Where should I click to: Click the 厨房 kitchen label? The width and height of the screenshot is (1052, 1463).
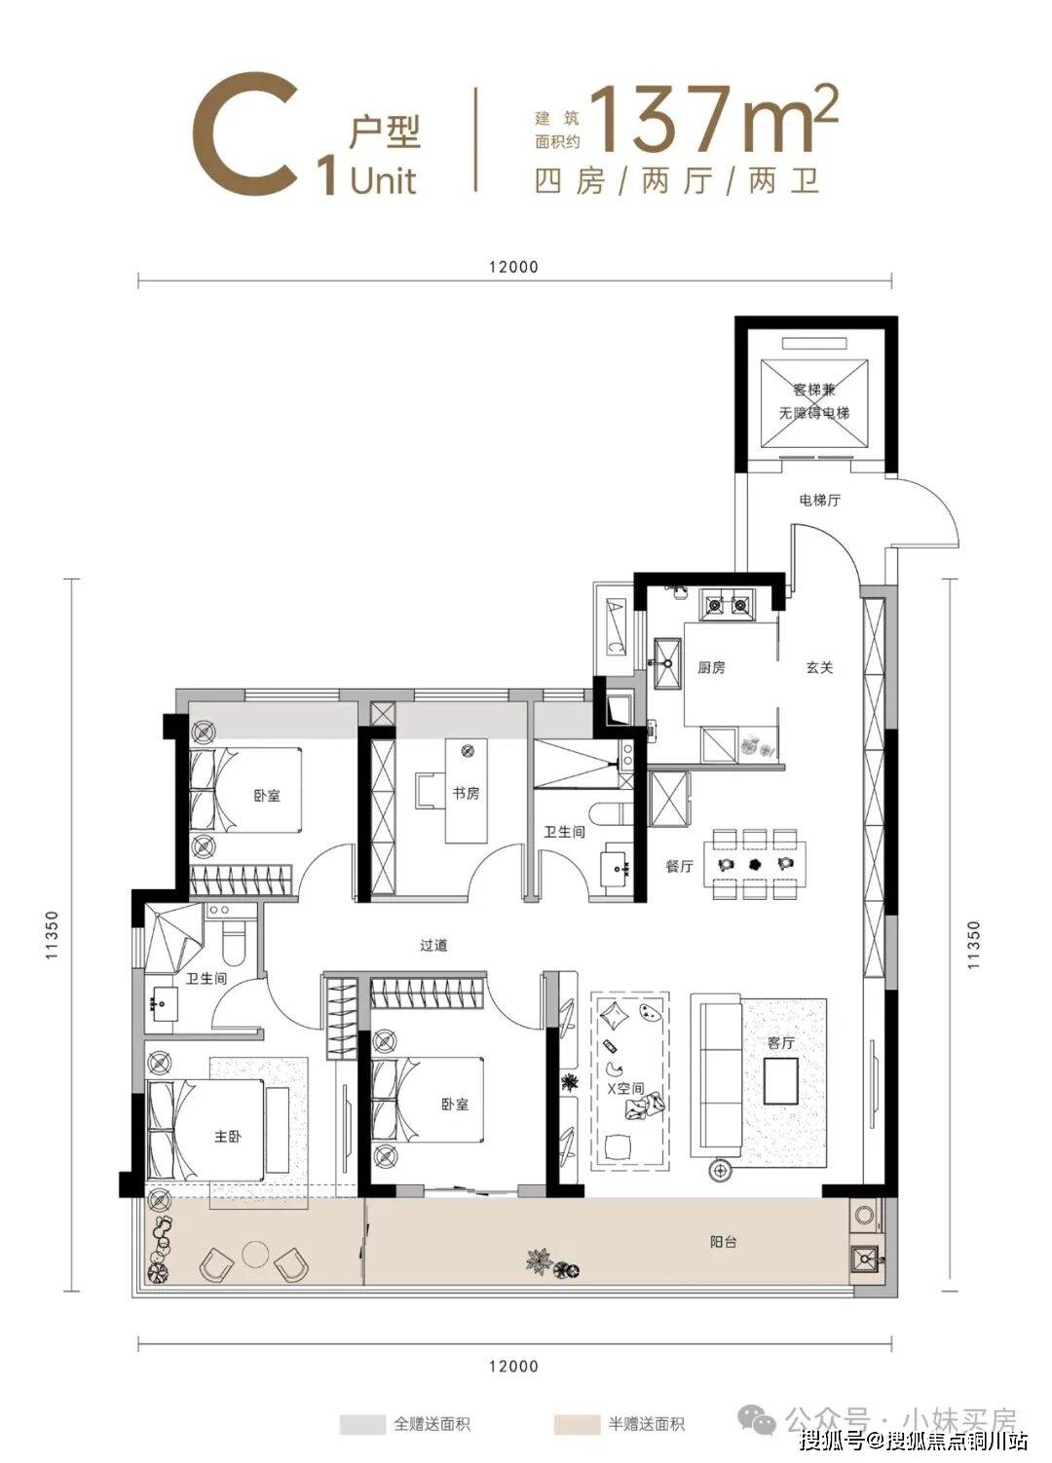(710, 668)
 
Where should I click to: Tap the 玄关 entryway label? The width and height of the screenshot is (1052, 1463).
(819, 667)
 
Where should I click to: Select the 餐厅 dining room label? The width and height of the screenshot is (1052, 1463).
(679, 866)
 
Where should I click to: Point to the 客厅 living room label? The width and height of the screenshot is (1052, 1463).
(781, 1043)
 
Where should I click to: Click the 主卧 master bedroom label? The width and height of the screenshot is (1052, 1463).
(227, 1137)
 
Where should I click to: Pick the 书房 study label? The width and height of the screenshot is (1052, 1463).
(466, 794)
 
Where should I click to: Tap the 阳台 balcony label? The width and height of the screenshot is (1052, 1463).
(723, 1242)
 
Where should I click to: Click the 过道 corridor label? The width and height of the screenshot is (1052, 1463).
(432, 945)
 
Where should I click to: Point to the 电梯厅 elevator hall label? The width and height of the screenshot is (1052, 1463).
(819, 501)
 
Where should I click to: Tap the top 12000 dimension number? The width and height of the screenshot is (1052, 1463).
(514, 267)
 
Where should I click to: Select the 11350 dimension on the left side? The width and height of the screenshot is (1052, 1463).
(53, 935)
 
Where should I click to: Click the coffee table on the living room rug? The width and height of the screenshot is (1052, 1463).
(780, 1081)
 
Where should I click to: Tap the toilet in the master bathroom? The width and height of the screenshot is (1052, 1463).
(233, 945)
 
